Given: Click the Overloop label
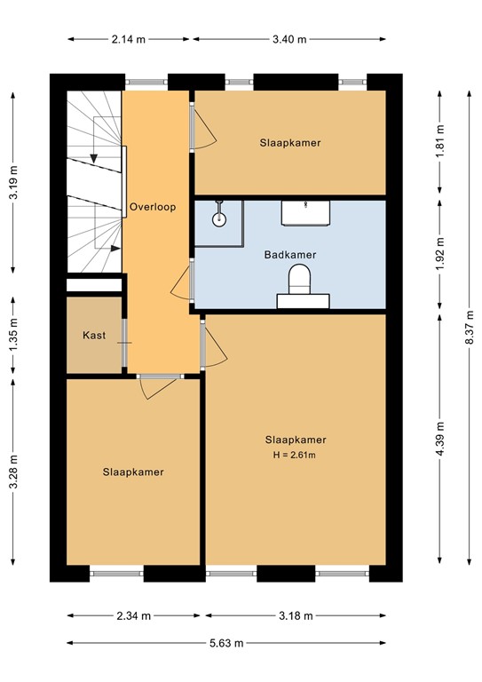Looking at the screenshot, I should click(153, 207).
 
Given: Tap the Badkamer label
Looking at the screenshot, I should click(290, 255).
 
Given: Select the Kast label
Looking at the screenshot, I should click(94, 336).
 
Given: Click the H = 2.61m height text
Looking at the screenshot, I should click(296, 456).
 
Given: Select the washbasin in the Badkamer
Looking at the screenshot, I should click(306, 212).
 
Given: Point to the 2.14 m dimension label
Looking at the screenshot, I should click(129, 39).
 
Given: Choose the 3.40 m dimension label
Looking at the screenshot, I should click(288, 39).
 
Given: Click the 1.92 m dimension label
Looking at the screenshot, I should click(439, 255).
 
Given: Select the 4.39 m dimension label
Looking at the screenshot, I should click(439, 439).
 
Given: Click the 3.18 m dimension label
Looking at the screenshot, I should click(296, 615).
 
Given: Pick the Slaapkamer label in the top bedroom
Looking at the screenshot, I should click(290, 142).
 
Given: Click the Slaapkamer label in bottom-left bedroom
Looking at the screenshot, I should click(132, 472).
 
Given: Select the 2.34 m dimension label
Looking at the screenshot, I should click(132, 615).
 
